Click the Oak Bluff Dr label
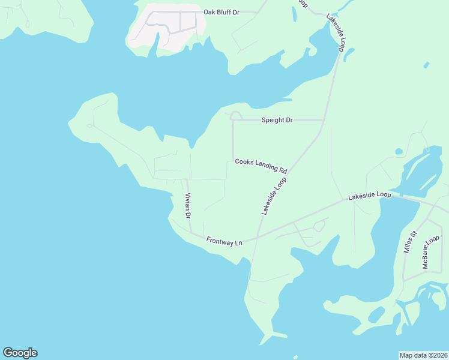221,12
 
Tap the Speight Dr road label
277,120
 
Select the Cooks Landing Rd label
261,166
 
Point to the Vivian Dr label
188,206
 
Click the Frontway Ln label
224,241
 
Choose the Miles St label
409,243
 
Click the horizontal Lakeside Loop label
370,196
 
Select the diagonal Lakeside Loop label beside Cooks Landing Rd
273,196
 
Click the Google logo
20,353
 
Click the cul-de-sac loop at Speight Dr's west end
236,115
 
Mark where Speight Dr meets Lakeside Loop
322,120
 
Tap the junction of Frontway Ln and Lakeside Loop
258,235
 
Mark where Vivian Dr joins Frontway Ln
191,233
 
